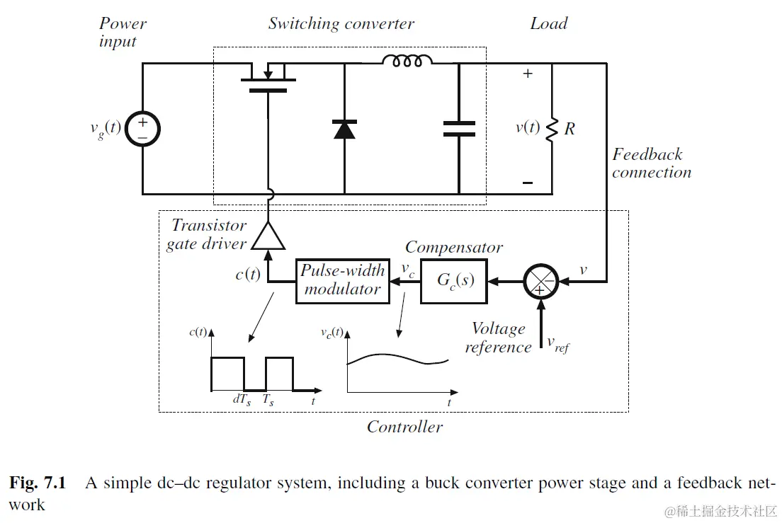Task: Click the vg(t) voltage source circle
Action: (x=142, y=129)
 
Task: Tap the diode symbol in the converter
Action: (x=344, y=129)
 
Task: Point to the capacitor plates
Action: (x=459, y=128)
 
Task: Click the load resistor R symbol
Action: (x=551, y=129)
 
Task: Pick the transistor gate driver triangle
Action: (x=268, y=236)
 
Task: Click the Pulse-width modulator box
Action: (x=343, y=280)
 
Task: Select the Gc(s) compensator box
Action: (x=455, y=280)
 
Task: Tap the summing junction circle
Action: (x=541, y=280)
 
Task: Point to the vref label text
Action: (x=557, y=344)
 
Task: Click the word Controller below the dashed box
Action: (x=404, y=427)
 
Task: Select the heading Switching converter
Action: (x=341, y=23)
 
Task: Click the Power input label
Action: (x=122, y=32)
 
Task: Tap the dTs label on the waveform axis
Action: (x=242, y=399)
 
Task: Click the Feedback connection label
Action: (x=651, y=163)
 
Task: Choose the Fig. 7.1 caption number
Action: (x=37, y=484)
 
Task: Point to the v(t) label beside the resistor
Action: (x=527, y=128)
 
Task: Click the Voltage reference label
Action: (x=498, y=338)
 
